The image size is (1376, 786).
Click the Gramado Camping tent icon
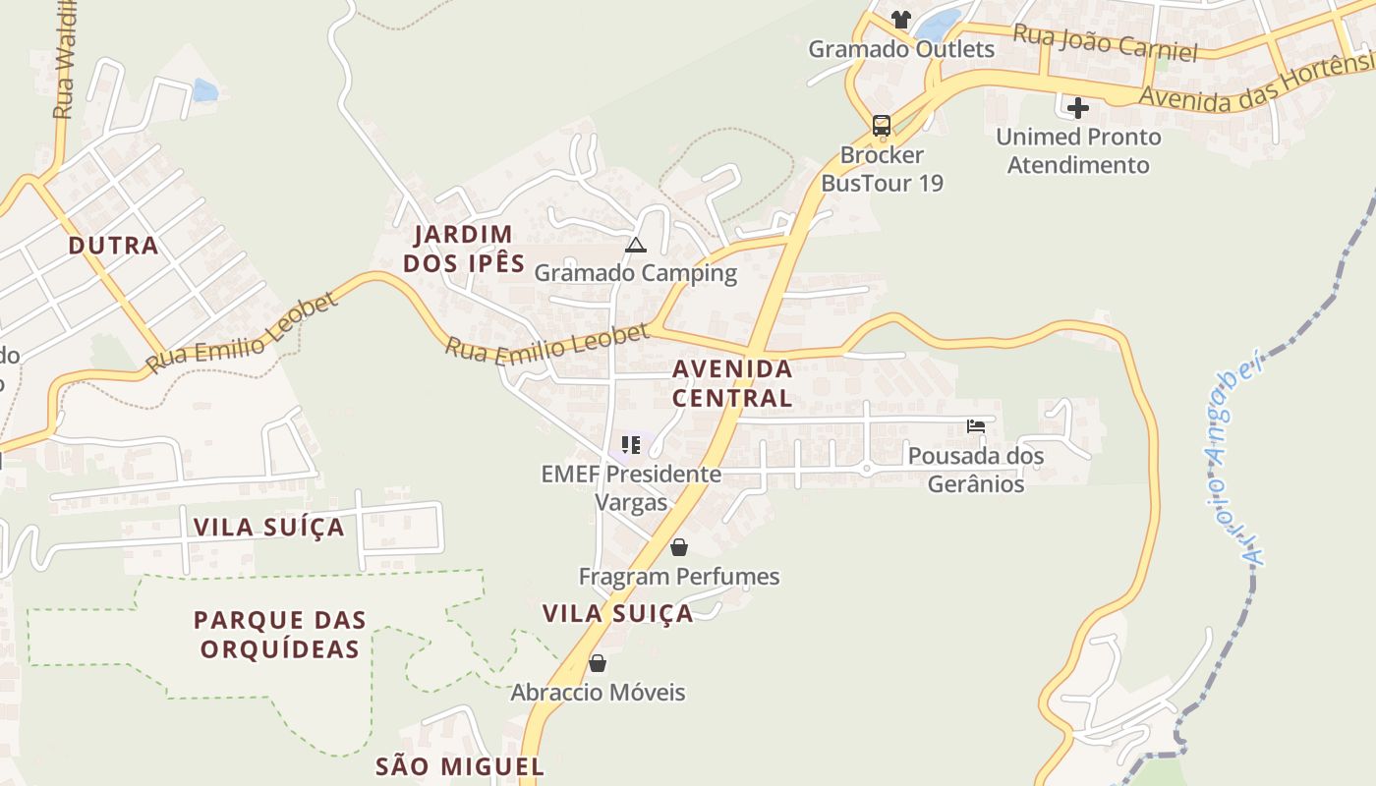click(635, 245)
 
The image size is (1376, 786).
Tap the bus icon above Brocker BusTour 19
click(882, 126)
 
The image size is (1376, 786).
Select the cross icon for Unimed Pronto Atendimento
click(1078, 108)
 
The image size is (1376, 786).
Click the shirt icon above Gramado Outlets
click(900, 19)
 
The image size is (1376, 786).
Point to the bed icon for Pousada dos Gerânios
click(976, 426)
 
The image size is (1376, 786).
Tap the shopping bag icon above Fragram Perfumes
click(678, 547)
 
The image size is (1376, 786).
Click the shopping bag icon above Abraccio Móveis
click(597, 663)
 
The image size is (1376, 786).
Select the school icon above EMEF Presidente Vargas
click(631, 445)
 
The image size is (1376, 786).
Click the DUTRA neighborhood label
click(114, 246)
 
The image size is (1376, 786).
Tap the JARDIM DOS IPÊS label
click(464, 249)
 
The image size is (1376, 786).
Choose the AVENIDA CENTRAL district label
click(732, 383)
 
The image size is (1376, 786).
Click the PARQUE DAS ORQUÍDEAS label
click(280, 635)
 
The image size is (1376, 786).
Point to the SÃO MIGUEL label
click(460, 766)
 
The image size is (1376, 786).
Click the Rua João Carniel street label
click(1105, 42)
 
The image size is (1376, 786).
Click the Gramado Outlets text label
click(900, 49)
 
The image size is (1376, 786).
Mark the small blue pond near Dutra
click(204, 90)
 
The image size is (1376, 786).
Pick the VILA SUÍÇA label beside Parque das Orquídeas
click(269, 528)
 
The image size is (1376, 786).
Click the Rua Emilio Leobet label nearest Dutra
click(242, 333)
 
